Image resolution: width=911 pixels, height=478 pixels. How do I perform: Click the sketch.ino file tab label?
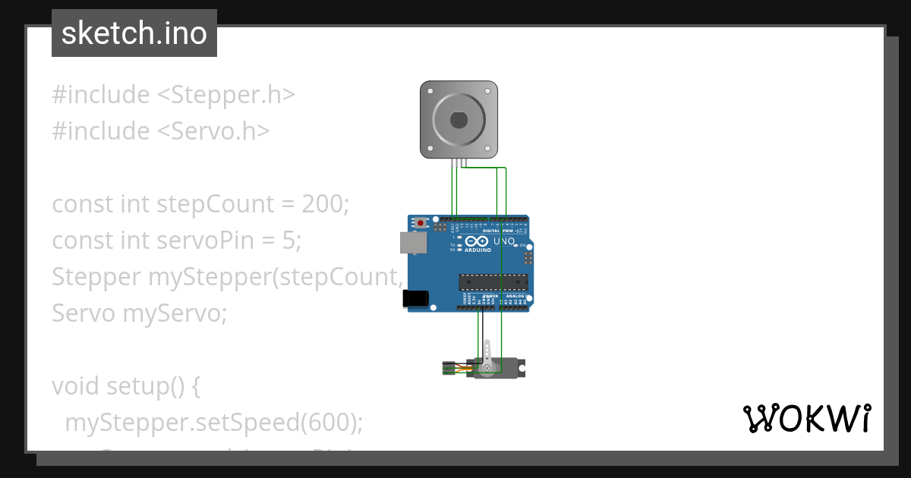(x=134, y=33)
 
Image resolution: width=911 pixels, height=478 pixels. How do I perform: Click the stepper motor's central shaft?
(x=459, y=120)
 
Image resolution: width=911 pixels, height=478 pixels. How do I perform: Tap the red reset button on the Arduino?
(x=421, y=224)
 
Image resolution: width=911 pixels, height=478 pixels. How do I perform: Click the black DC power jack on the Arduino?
(x=414, y=298)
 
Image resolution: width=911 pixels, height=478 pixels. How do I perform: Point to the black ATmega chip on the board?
(x=493, y=282)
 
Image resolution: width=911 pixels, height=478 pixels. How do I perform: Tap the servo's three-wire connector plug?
(x=450, y=369)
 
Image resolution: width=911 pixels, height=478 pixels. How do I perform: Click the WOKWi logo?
(x=807, y=418)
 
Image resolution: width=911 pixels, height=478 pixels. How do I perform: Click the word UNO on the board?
(x=504, y=241)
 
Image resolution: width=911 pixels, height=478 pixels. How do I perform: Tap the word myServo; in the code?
(x=175, y=313)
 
